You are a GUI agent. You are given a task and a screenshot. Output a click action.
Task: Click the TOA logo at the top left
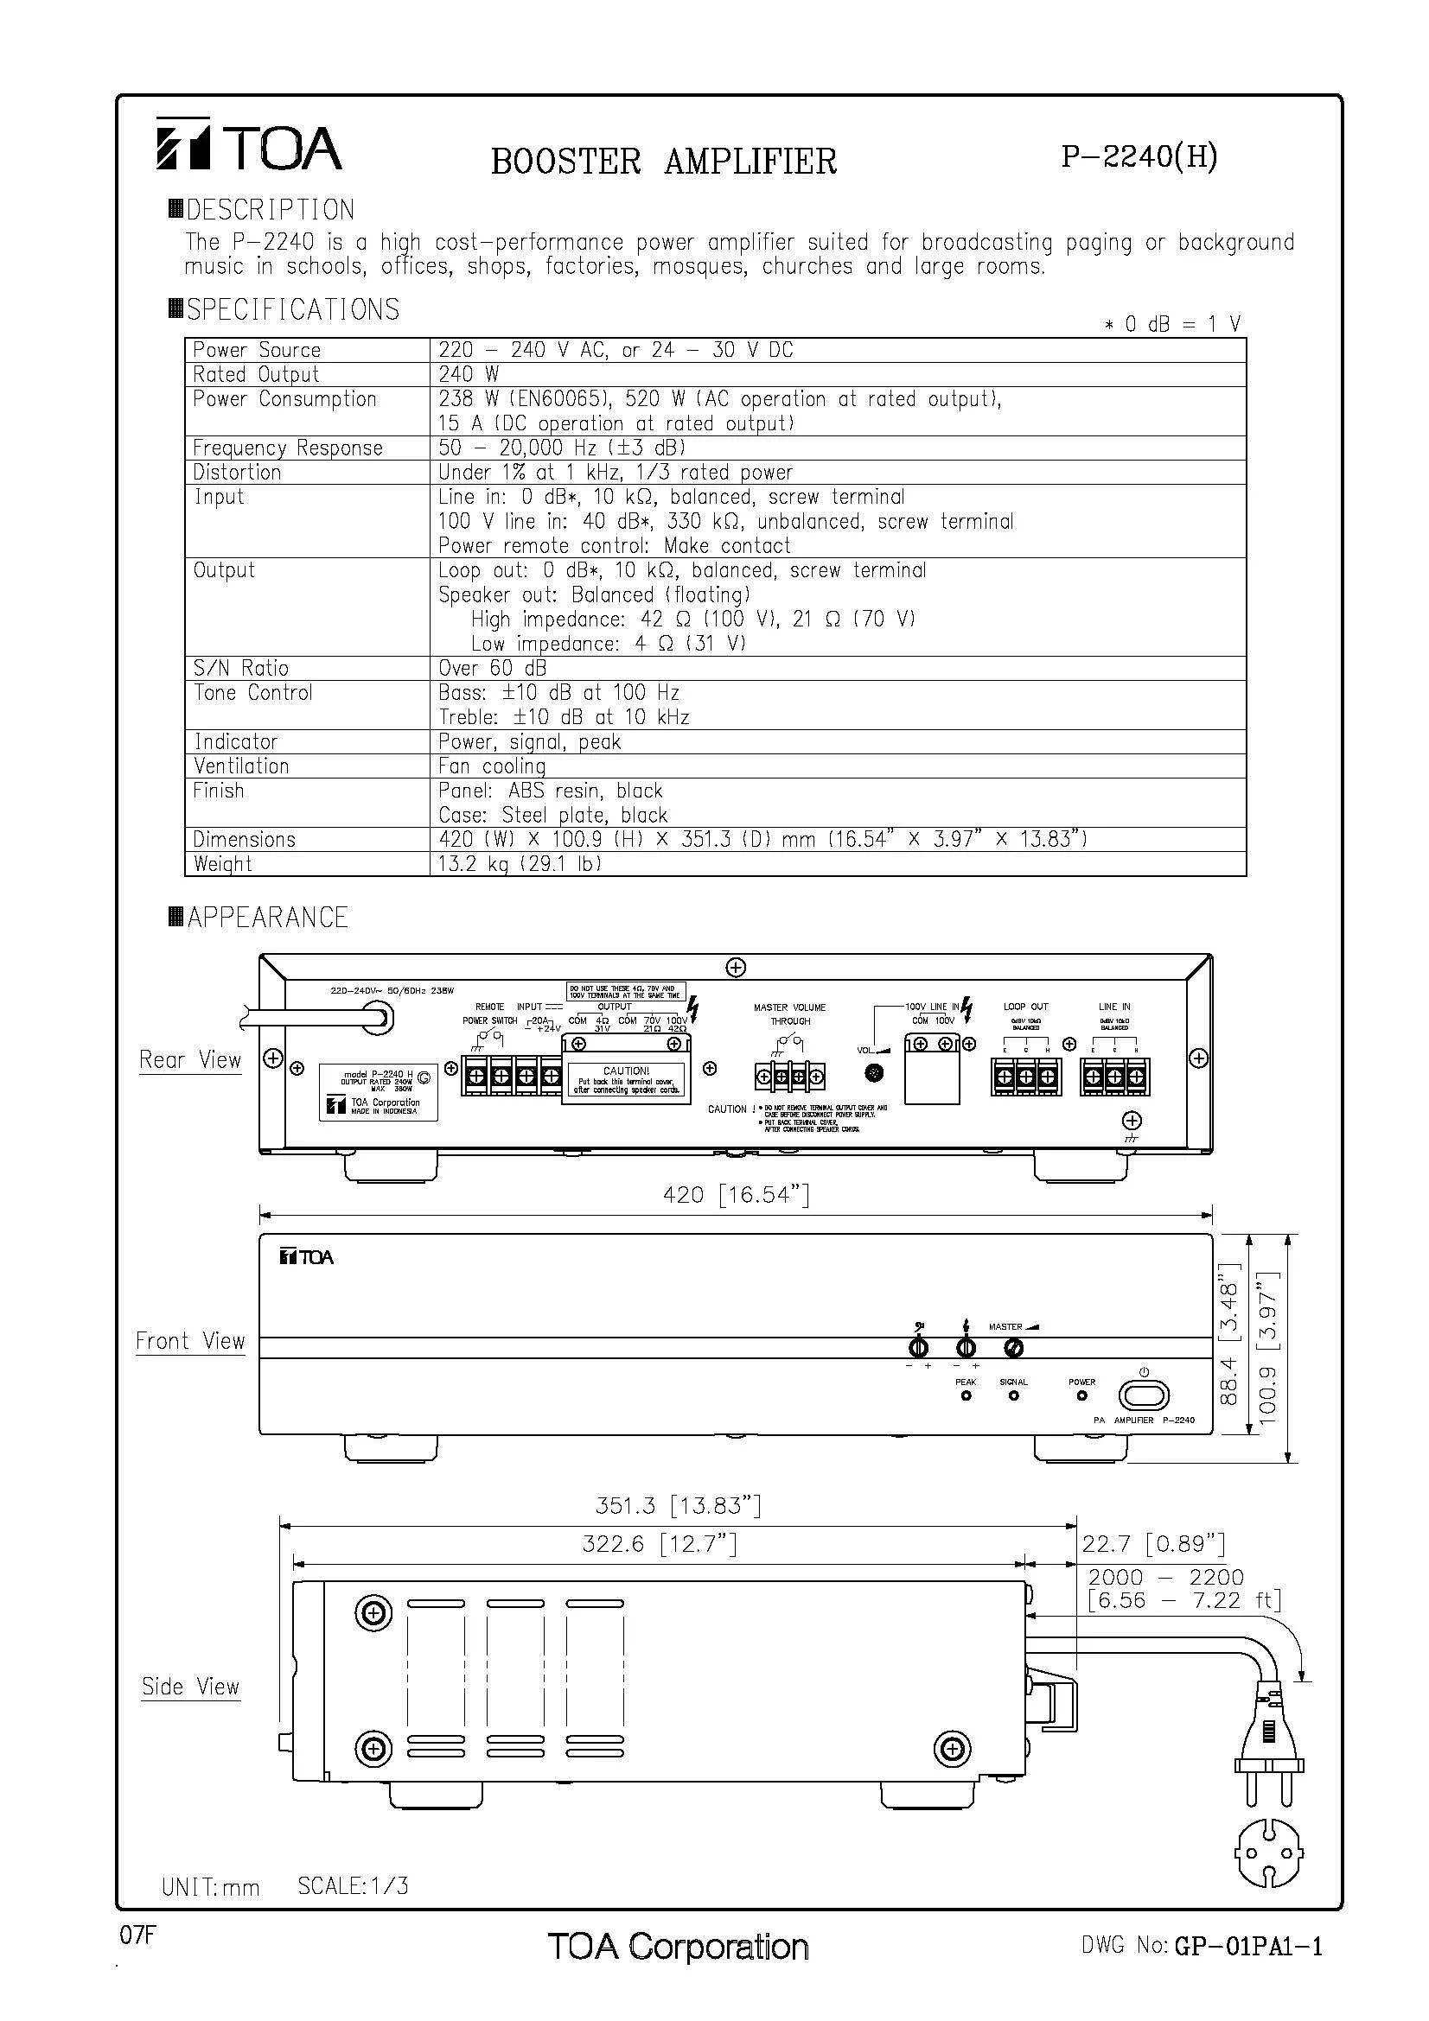point(249,146)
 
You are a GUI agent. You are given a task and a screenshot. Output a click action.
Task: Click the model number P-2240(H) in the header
point(1139,156)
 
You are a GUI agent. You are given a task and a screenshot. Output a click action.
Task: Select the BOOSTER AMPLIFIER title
point(663,161)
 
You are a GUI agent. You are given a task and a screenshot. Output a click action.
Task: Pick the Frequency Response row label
point(288,448)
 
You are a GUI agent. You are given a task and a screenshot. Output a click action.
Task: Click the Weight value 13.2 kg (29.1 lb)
point(520,863)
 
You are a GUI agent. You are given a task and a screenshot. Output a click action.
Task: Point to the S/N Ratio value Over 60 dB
point(492,668)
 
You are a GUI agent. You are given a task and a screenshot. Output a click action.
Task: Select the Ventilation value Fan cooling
point(492,766)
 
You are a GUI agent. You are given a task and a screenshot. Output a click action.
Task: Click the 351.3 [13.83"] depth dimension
point(677,1505)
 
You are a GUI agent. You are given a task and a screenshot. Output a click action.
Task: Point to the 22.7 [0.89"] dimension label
point(1152,1543)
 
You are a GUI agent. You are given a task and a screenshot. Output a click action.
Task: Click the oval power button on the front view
point(1144,1395)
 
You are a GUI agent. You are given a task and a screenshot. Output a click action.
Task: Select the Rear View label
point(190,1060)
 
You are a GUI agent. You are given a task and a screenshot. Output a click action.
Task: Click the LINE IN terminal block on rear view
point(1114,1077)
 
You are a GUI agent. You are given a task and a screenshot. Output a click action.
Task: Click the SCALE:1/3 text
point(353,1886)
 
